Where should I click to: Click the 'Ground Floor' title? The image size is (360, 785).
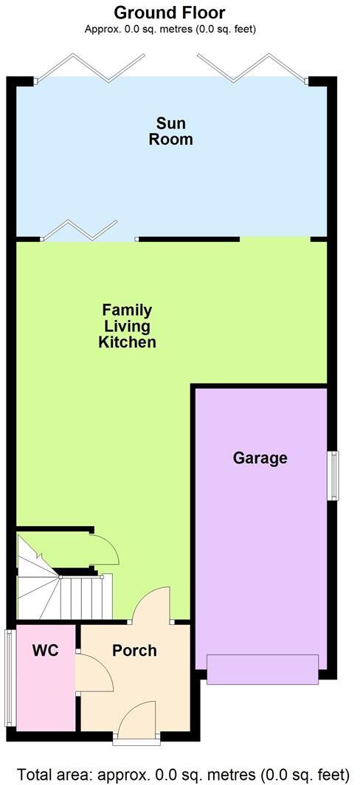(x=170, y=13)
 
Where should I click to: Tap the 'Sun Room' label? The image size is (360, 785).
(x=171, y=131)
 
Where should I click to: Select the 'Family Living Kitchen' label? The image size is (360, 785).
(x=127, y=326)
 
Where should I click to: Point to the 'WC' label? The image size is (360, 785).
(x=45, y=651)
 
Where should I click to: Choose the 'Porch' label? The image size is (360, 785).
(x=134, y=651)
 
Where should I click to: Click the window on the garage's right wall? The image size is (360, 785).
(x=333, y=476)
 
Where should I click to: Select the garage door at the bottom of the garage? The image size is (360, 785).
(x=262, y=669)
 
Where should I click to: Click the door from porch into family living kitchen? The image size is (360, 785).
(x=153, y=605)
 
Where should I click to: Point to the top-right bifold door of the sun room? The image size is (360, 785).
(x=251, y=68)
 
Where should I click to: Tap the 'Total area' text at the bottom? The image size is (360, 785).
(x=180, y=774)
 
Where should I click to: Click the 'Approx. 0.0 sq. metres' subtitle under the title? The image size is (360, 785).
(x=170, y=30)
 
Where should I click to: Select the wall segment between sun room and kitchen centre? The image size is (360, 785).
(x=188, y=239)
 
